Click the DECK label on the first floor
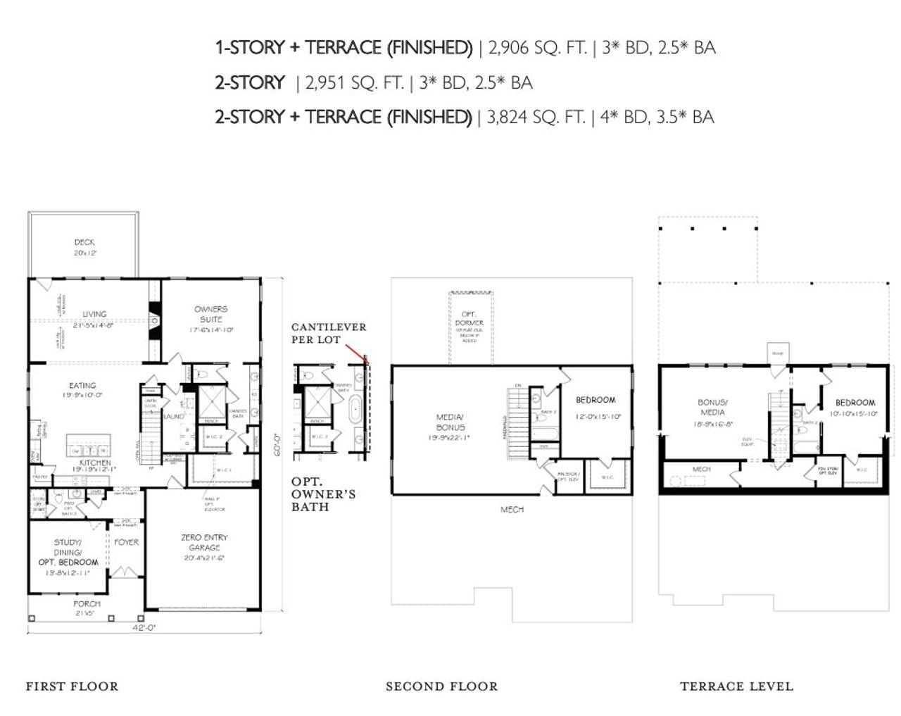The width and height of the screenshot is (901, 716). (x=84, y=243)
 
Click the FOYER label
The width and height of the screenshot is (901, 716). (x=127, y=542)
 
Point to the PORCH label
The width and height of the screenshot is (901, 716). (x=87, y=604)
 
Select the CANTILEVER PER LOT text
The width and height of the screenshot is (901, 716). (x=328, y=333)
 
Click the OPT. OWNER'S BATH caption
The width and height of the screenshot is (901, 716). (x=323, y=494)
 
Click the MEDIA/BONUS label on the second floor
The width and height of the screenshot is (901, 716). (x=450, y=422)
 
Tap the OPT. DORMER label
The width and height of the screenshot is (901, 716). (x=469, y=318)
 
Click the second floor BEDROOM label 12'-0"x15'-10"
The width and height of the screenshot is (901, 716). (x=596, y=400)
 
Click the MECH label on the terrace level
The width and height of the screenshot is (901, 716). (x=701, y=469)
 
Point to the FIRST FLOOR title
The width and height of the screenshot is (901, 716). (x=72, y=686)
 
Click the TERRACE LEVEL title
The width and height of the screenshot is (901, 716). (x=736, y=686)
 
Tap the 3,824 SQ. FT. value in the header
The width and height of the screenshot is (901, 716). (x=536, y=117)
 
